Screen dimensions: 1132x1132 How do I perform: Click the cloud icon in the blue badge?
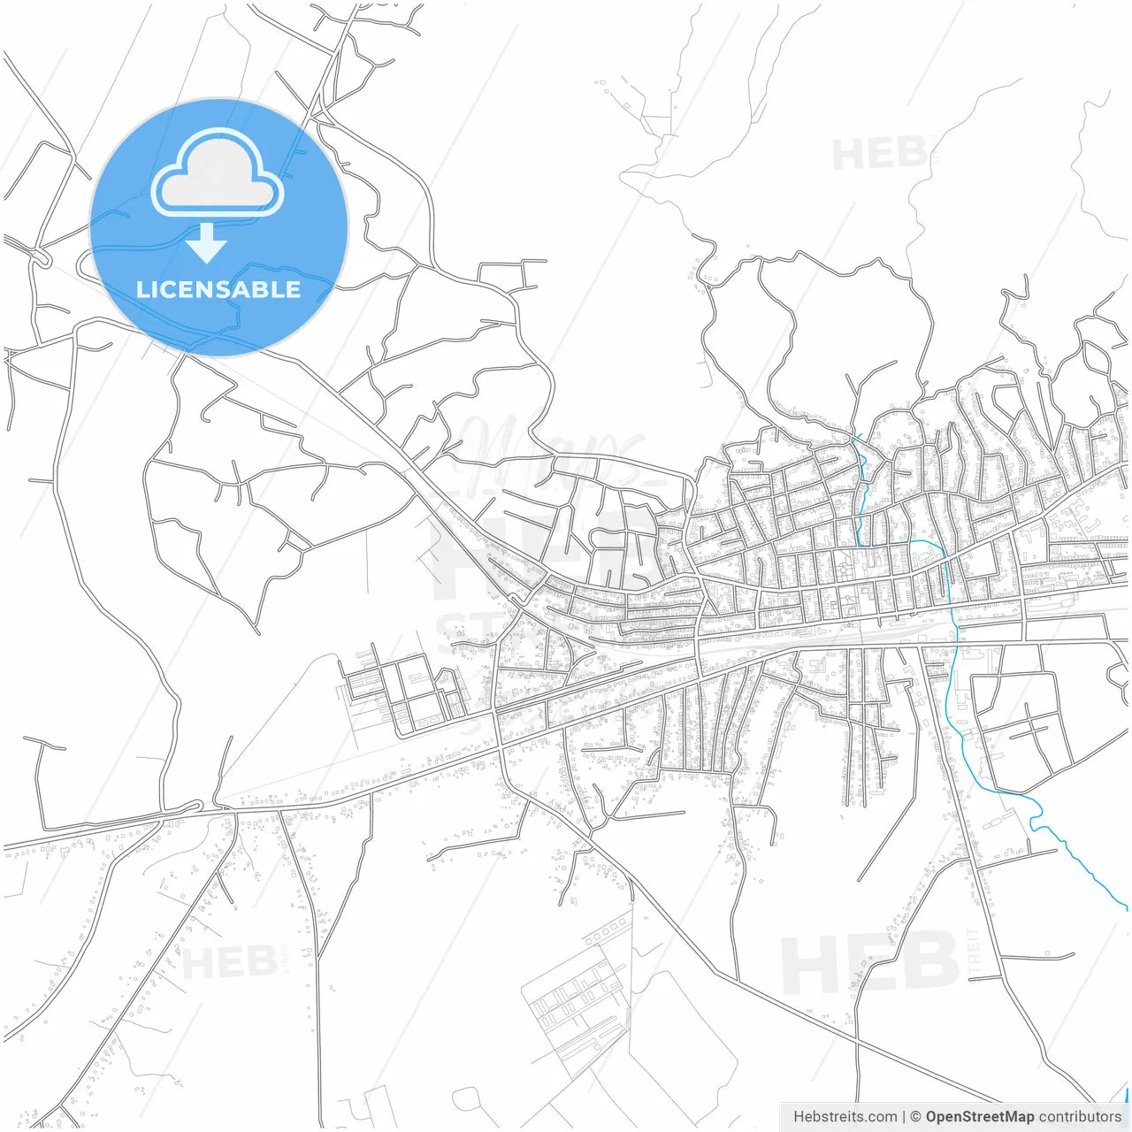pyautogui.click(x=218, y=173)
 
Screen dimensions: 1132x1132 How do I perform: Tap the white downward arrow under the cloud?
pyautogui.click(x=207, y=243)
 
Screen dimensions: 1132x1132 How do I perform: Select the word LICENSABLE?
pyautogui.click(x=218, y=289)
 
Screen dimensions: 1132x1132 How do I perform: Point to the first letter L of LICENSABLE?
pyautogui.click(x=142, y=289)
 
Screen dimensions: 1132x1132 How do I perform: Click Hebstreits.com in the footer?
pyautogui.click(x=845, y=1117)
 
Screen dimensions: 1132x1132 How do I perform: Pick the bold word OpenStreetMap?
pyautogui.click(x=979, y=1117)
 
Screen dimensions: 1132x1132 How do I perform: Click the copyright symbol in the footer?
pyautogui.click(x=916, y=1117)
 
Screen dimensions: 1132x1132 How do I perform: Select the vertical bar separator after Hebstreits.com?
pyautogui.click(x=904, y=1117)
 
